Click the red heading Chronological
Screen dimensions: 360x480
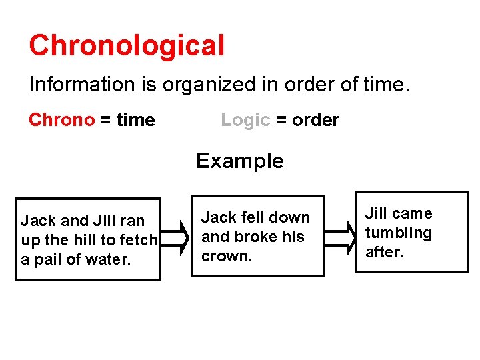pos(127,46)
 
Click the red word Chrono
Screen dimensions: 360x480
pos(61,120)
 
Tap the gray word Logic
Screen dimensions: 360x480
pos(245,120)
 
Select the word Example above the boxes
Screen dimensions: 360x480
pos(239,161)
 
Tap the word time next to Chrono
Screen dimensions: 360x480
pos(135,120)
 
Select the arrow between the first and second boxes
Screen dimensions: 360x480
pos(176,237)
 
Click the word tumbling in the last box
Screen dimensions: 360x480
pos(398,233)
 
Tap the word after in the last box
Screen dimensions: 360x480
pos(385,252)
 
